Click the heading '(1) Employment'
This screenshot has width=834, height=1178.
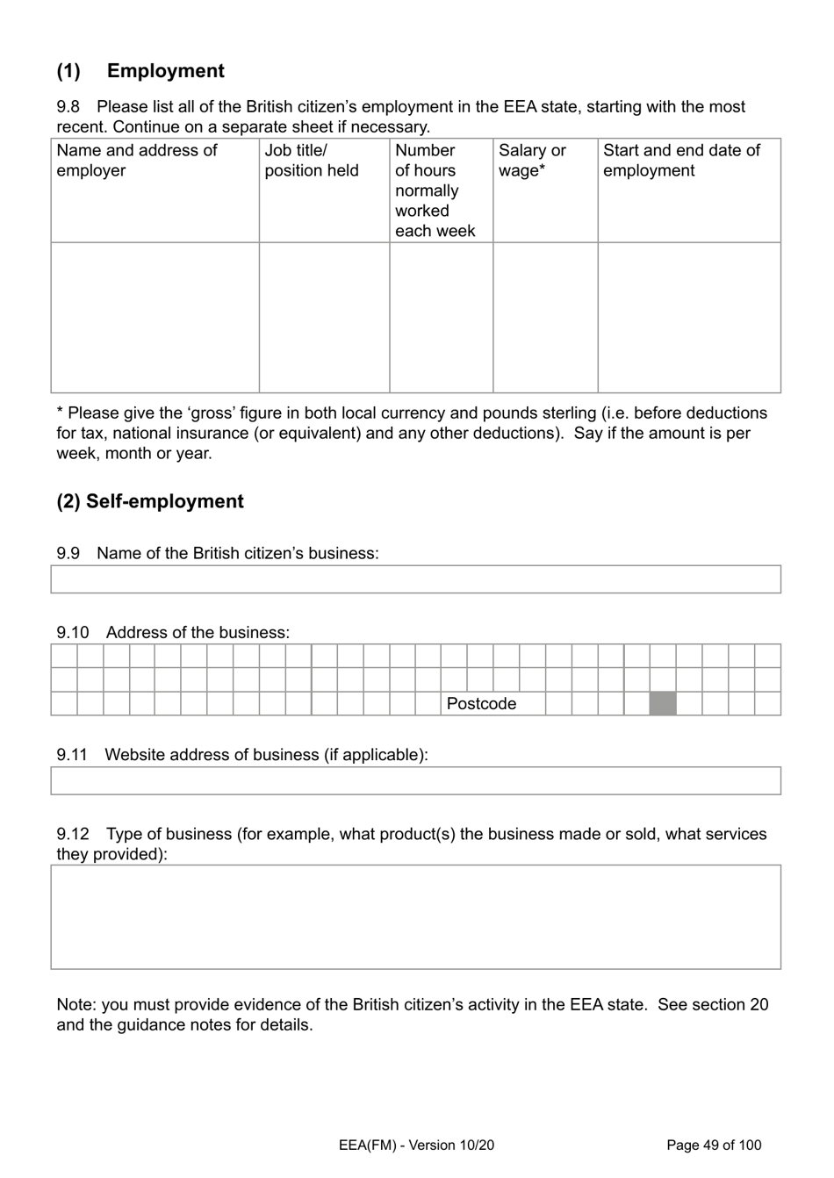click(140, 71)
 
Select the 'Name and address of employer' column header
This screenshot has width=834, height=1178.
click(137, 161)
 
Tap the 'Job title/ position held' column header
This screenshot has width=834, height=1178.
click(312, 161)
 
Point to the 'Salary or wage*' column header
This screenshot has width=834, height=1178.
click(532, 161)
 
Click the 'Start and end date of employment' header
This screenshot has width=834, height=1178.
click(681, 161)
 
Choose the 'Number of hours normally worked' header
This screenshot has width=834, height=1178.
click(435, 190)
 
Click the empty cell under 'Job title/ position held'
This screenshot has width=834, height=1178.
click(324, 317)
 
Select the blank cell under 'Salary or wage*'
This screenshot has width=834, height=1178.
click(545, 317)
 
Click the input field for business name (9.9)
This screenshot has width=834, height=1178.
click(415, 579)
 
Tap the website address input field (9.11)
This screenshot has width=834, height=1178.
click(415, 780)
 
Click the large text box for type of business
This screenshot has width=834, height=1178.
click(415, 916)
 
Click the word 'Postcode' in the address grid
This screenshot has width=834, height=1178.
click(481, 704)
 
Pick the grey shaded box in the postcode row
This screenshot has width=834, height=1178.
click(663, 704)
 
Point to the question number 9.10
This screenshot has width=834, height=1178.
click(73, 633)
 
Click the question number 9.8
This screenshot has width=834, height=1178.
click(68, 107)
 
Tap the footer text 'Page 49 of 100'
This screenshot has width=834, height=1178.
click(714, 1145)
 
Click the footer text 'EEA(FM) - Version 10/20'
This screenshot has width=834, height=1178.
click(416, 1145)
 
